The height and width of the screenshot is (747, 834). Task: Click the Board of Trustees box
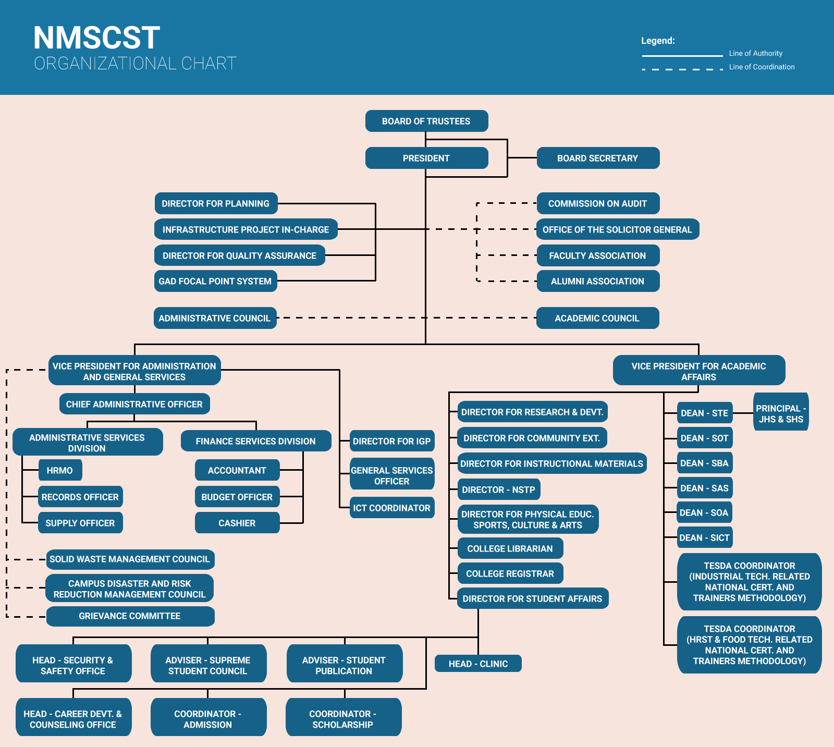click(426, 121)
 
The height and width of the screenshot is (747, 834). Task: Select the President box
click(426, 158)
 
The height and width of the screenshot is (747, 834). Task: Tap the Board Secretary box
click(598, 158)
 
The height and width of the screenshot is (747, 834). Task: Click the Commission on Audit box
click(598, 203)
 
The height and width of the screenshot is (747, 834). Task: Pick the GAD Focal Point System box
click(215, 281)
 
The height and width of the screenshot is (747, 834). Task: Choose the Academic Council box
click(597, 318)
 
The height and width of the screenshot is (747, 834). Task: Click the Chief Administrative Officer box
click(134, 404)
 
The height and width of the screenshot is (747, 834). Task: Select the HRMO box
click(60, 470)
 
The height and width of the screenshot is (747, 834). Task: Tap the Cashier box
click(237, 523)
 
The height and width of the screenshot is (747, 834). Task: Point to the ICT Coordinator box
click(392, 508)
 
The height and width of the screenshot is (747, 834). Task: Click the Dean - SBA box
click(705, 463)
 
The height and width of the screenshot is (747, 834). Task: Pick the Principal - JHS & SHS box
click(781, 413)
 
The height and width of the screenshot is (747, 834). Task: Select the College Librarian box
click(510, 548)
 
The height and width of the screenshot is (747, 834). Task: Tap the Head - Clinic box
click(478, 664)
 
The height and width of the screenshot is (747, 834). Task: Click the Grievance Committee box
click(130, 616)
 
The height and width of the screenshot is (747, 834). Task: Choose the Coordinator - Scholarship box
click(343, 719)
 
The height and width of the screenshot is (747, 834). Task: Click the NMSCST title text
click(97, 38)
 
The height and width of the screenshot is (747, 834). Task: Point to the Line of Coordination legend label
click(762, 67)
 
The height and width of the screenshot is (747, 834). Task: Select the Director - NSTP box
click(499, 489)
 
